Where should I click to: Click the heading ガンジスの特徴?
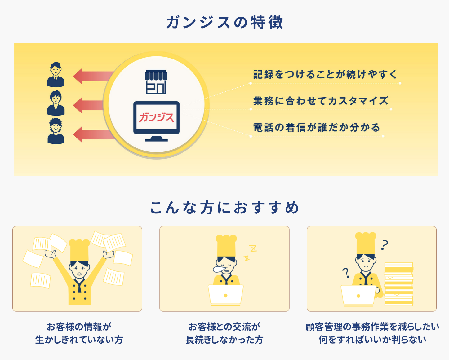coord(225,22)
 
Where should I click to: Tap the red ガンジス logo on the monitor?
coord(156,117)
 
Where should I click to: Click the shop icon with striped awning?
coord(156,82)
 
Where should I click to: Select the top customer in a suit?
coord(56,74)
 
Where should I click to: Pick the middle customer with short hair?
coord(56,103)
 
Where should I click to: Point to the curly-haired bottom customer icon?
coord(56,131)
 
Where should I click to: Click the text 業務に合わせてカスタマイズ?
coord(321,101)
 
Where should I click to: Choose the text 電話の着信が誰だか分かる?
coord(317,127)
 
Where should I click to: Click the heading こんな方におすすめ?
coord(225,208)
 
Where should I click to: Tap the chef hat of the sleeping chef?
coord(226,246)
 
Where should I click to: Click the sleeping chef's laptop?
coord(225,294)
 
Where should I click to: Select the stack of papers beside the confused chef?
coord(399,284)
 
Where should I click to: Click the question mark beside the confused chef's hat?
coord(385,245)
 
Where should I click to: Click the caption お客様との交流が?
coord(224,327)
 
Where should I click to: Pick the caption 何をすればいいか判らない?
coord(372,340)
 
